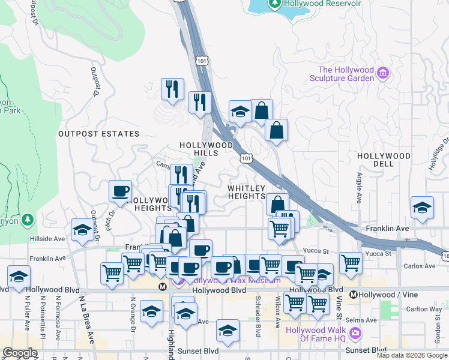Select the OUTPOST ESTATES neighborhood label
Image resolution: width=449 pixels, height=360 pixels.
tap(98, 134)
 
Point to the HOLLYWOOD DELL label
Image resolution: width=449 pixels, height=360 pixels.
tap(384, 160)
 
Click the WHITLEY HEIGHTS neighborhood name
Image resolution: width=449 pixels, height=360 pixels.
tap(246, 192)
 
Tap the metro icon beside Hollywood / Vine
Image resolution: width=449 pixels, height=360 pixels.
tap(354, 295)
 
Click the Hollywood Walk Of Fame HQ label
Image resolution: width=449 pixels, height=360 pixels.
tap(324, 334)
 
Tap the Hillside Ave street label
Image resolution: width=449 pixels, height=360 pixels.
tap(47, 238)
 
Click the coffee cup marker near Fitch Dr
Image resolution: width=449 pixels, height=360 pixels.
tap(121, 191)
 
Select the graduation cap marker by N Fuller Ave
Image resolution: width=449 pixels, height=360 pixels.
tap(19, 277)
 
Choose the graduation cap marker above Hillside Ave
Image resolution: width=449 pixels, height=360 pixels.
tap(82, 229)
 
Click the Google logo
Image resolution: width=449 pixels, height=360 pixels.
tap(20, 353)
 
